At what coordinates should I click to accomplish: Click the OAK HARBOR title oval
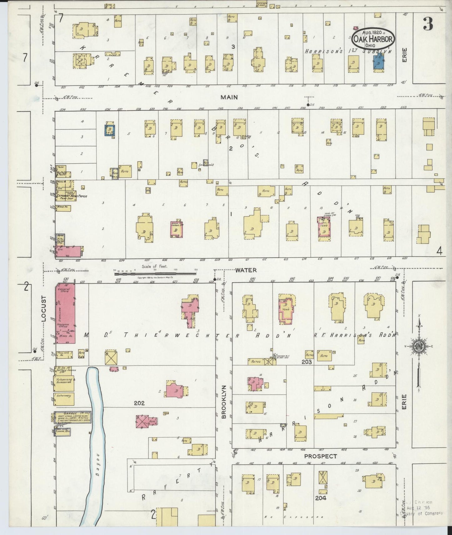point(373,38)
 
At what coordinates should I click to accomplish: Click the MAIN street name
point(229,97)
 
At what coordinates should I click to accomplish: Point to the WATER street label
point(246,270)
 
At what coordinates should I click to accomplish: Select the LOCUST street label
point(44,308)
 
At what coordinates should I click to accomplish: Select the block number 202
point(139,403)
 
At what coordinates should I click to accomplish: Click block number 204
point(321,498)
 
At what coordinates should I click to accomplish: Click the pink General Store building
point(65,313)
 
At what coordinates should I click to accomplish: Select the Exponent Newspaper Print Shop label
point(67,196)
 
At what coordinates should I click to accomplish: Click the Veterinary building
point(64,396)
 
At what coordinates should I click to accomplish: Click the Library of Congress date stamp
point(422,507)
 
